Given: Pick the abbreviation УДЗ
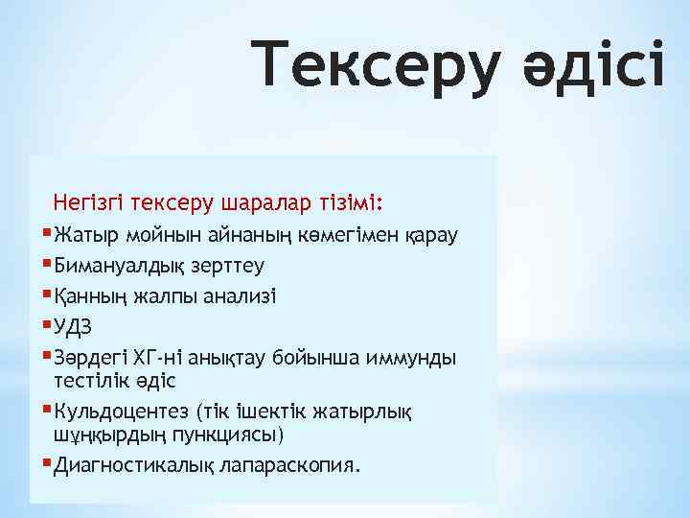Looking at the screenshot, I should point(78,326).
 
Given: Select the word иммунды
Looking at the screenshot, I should point(413,357).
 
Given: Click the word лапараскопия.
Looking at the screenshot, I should point(287,466).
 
